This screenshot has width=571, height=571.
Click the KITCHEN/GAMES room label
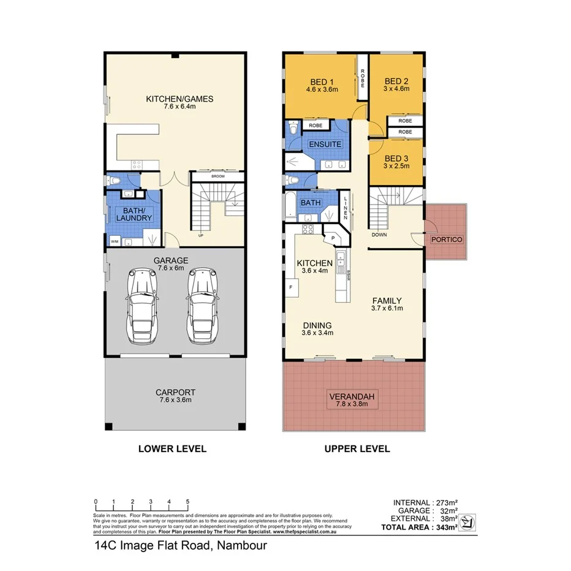click(179, 99)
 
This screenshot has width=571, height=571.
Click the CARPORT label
click(175, 393)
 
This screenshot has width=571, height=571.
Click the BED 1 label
click(322, 82)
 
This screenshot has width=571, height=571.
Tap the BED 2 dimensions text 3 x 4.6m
click(396, 89)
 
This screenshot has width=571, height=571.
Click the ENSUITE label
click(325, 145)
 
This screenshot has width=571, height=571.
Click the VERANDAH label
click(351, 395)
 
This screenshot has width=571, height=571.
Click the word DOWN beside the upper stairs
click(378, 234)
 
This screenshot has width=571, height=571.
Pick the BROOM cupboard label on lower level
click(217, 176)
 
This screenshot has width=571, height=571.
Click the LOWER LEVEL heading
click(172, 448)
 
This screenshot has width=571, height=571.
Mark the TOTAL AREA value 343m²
click(444, 527)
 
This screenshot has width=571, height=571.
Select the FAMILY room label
click(387, 301)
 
